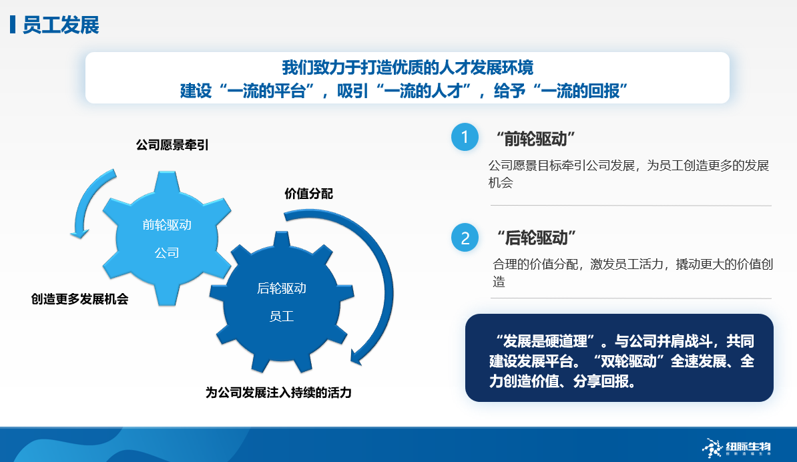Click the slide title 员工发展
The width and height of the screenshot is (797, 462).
61,25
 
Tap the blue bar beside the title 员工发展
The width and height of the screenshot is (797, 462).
13,25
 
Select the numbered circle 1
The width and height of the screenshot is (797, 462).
465,138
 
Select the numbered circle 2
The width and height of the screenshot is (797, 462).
465,238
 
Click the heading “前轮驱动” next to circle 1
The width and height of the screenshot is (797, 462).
535,139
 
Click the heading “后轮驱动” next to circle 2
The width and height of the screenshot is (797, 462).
536,238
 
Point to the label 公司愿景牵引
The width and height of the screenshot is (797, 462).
172,145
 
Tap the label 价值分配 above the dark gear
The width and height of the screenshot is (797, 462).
308,194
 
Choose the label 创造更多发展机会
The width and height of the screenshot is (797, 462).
80,299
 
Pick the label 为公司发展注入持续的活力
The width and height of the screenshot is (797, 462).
278,393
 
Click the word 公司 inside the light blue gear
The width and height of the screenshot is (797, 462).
167,252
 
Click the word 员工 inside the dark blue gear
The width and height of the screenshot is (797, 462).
281,316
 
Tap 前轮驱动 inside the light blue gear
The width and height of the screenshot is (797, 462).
167,224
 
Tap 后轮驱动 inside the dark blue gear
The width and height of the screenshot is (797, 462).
281,288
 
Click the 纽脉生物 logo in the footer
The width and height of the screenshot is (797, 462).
736,448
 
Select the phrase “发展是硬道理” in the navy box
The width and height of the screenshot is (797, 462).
544,341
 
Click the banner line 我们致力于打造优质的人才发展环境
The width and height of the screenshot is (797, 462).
408,67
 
